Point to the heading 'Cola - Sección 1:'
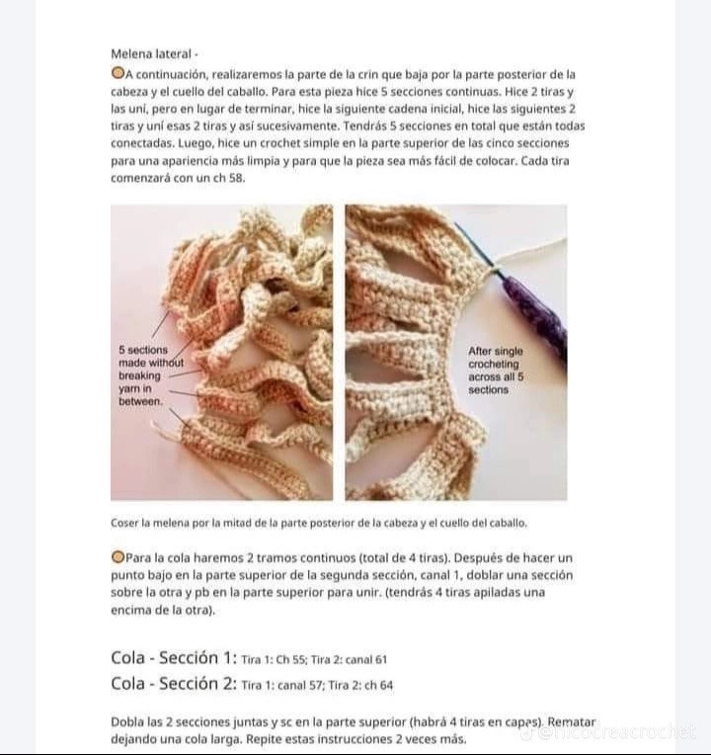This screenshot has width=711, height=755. tap(174, 658)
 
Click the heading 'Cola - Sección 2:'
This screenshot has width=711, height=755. tap(174, 683)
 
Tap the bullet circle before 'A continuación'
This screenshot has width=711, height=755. tap(118, 73)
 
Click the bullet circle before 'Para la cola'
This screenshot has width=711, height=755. tap(118, 558)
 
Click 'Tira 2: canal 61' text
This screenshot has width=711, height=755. tap(352, 660)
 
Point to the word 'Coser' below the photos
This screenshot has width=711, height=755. tap(124, 523)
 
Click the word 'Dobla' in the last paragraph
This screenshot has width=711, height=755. tap(127, 722)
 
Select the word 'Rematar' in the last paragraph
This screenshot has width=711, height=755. tap(571, 722)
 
